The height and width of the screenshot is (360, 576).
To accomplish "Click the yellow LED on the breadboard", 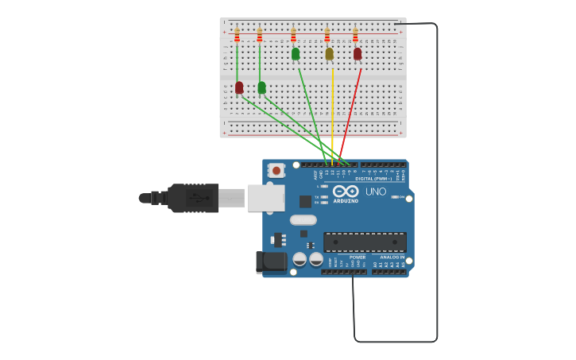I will [x=329, y=53].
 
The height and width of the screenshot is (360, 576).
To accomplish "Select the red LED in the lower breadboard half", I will [x=239, y=87].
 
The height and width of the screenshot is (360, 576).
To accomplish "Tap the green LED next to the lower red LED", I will [x=261, y=87].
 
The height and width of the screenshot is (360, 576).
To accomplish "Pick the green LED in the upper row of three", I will [x=296, y=53].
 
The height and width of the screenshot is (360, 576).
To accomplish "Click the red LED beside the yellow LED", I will [x=358, y=53].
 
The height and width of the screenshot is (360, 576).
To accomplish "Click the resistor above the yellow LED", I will [x=327, y=35].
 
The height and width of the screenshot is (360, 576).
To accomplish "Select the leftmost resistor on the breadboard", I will [x=237, y=35].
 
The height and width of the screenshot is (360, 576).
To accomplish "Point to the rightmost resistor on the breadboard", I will [x=355, y=35].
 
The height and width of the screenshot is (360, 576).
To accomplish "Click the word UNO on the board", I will [x=376, y=192].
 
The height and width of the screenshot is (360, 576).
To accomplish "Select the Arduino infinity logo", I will [x=346, y=191].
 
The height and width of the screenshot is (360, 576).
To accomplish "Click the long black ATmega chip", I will [x=365, y=242].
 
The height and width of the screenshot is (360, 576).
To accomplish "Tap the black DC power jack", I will [x=271, y=261].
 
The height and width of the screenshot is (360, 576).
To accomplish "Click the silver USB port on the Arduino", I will [x=265, y=198].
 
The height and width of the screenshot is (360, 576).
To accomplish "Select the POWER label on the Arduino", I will [x=358, y=257].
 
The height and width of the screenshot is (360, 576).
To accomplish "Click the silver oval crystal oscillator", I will [x=303, y=220].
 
